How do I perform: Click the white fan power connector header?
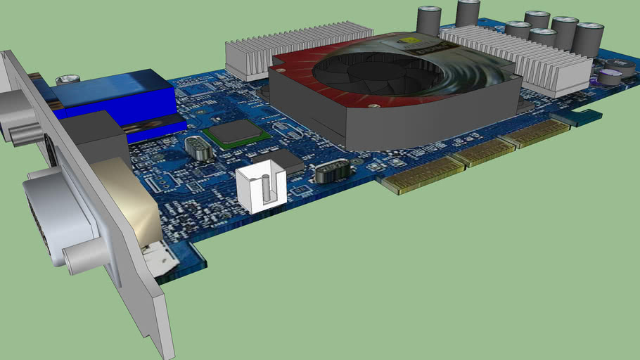[x=262, y=189]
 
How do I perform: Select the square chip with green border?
[x=235, y=133]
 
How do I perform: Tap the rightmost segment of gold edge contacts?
[x=542, y=134]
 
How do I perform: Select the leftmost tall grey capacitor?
[x=428, y=21]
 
